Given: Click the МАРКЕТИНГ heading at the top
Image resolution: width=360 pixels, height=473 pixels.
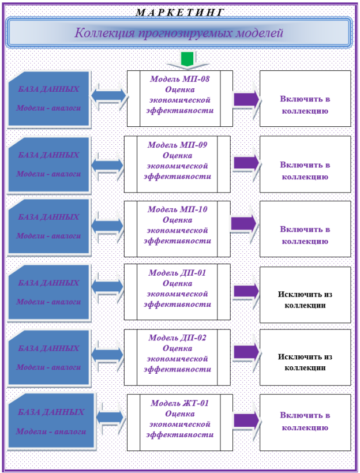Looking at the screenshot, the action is tap(180, 12).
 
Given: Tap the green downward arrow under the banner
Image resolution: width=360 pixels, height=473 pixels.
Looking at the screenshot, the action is tap(187, 59).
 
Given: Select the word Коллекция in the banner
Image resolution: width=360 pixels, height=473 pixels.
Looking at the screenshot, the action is tap(104, 33).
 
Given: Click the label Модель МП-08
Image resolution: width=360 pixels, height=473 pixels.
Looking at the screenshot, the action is tap(180, 79).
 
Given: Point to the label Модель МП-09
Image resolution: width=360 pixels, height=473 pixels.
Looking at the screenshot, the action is tap(177, 145).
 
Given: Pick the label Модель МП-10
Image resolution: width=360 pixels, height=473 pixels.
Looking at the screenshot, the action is tap(177, 209).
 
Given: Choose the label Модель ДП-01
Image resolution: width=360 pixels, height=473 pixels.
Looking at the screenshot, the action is tap(177, 273).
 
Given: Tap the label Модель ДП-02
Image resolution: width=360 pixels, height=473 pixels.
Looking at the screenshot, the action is tap(177, 337).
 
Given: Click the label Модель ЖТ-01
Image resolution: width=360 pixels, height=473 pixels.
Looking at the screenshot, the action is tap(180, 403).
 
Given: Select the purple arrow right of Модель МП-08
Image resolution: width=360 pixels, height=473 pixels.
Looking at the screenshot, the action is tap(246, 99).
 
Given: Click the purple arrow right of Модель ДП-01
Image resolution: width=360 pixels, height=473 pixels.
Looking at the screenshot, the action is tap(246, 291).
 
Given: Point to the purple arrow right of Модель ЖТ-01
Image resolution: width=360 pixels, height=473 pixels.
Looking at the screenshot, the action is tap(246, 421).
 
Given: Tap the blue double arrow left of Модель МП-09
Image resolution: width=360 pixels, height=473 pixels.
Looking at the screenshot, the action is tap(107, 166).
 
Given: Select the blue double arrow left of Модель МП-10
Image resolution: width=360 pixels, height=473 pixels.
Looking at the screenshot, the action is tap(107, 226).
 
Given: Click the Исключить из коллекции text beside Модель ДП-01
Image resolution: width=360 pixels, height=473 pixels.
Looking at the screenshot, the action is tap(305, 299).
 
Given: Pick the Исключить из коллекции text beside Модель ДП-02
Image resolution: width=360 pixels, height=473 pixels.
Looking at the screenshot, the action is tap(305, 362).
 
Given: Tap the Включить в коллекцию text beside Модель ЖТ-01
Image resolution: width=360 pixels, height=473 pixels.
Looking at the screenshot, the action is tap(305, 422).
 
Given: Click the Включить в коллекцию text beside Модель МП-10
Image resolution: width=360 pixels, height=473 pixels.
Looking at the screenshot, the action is tap(305, 235).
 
